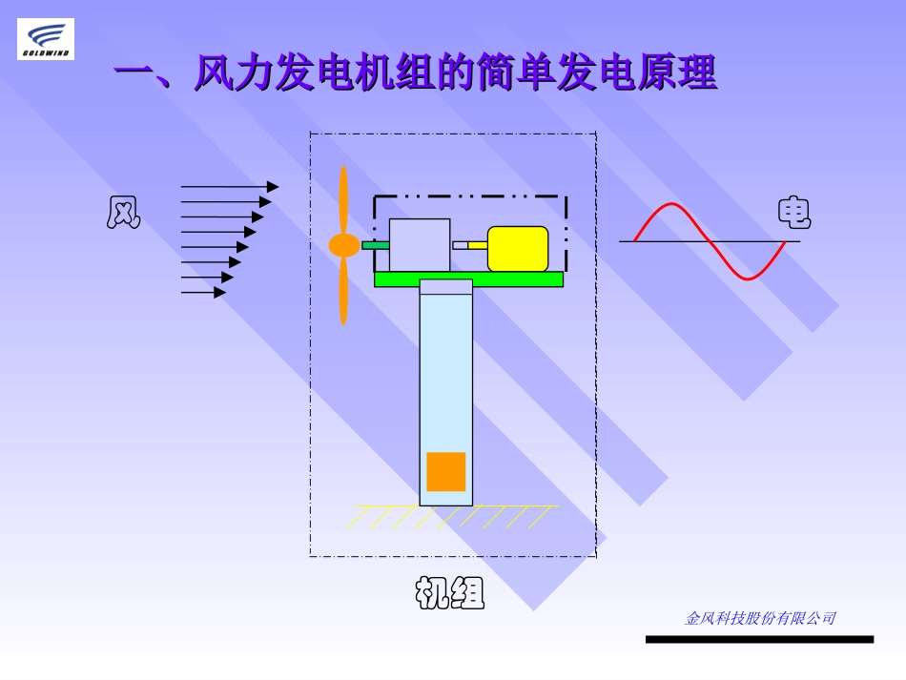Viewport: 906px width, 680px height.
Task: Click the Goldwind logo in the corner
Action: coord(45,39)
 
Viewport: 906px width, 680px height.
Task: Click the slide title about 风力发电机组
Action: coord(415,73)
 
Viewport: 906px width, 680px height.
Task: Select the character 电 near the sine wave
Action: coord(794,213)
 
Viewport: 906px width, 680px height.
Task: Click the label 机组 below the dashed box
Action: coord(450,593)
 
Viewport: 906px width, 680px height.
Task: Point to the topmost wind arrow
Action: coord(229,187)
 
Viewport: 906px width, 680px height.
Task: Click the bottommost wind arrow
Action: coord(203,292)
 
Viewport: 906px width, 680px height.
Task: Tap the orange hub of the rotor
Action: coord(343,245)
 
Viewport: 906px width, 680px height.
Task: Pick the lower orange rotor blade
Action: coord(343,291)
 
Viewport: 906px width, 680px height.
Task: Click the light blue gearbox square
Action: coord(420,245)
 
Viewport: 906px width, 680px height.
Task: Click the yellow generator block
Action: coord(518,249)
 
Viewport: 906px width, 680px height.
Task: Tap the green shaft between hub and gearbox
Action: coord(375,245)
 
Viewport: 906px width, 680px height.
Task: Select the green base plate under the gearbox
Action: coord(468,278)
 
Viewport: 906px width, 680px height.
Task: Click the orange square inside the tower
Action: coord(445,471)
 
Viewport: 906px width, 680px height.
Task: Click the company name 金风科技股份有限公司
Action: coord(759,618)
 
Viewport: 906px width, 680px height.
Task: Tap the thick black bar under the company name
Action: coord(759,639)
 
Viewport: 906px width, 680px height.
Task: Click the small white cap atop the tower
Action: coord(445,287)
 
